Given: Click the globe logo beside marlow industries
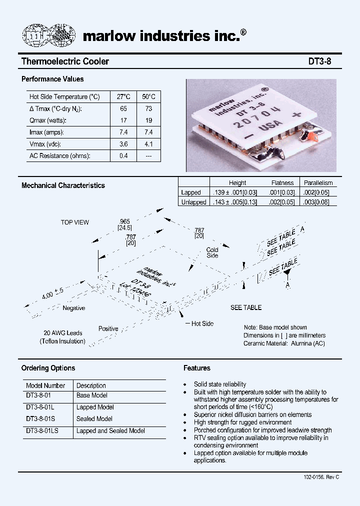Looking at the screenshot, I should (49, 35).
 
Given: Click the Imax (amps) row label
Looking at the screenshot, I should (47, 132).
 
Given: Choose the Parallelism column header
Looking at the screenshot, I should (318, 183).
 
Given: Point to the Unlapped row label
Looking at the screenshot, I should (193, 202).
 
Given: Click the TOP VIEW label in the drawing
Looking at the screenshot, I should (75, 222).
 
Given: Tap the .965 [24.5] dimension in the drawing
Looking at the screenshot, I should (124, 224).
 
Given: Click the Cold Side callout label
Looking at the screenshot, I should (212, 252).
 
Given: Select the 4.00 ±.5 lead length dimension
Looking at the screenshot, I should (52, 292).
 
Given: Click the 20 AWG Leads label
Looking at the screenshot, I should (63, 333).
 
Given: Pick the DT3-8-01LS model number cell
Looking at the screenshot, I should (42, 430).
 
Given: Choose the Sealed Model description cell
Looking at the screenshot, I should (94, 419).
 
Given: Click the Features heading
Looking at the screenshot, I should (197, 368).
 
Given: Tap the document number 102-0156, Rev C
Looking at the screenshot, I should (321, 477).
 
